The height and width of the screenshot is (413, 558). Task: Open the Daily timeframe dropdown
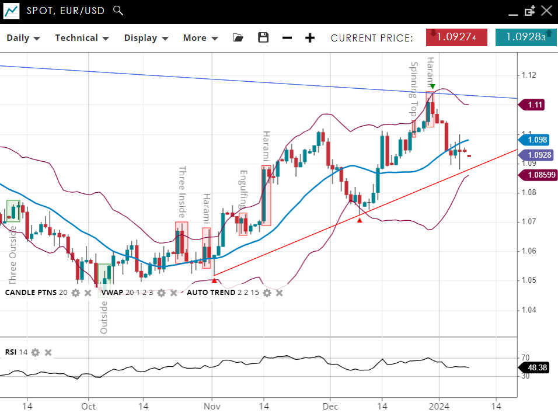click(x=23, y=38)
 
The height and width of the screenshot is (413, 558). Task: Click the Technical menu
click(x=82, y=38)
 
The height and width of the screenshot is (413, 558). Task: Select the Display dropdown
click(x=146, y=38)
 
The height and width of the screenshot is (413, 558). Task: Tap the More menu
click(x=200, y=38)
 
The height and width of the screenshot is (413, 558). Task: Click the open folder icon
click(x=238, y=38)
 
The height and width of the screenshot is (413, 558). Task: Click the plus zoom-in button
click(x=310, y=38)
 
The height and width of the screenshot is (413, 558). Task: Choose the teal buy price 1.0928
click(x=525, y=37)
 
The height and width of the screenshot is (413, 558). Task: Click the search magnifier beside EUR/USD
click(x=118, y=11)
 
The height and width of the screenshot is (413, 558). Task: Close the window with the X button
click(x=546, y=11)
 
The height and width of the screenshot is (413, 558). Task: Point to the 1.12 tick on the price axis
click(x=529, y=75)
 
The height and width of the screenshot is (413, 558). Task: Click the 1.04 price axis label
click(x=529, y=310)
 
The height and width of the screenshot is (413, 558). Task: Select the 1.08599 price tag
click(x=540, y=175)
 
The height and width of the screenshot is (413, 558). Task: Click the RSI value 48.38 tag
click(x=536, y=367)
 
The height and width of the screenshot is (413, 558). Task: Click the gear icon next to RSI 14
click(x=36, y=352)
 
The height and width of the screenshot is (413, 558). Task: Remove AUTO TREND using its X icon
click(x=280, y=292)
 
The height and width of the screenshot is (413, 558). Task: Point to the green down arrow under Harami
click(x=433, y=86)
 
